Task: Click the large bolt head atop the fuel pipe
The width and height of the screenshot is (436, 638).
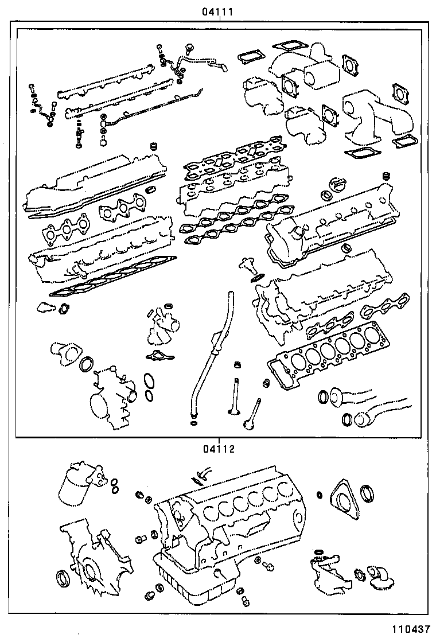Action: pyautogui.click(x=189, y=46)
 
